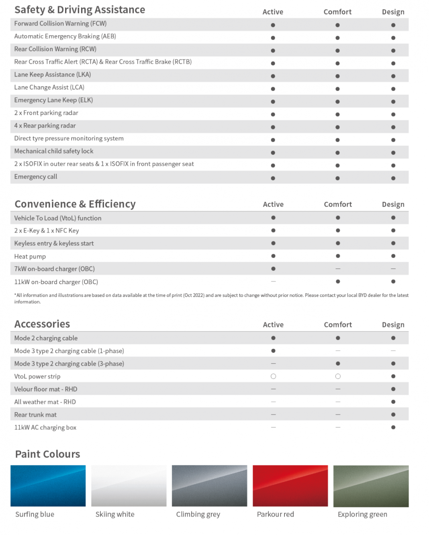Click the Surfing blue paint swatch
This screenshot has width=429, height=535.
(x=48, y=486)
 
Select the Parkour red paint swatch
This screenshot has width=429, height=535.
(x=290, y=486)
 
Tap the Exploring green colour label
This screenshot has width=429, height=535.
(x=362, y=514)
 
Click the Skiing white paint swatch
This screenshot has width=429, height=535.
(x=129, y=486)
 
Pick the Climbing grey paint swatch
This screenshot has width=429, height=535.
(x=209, y=486)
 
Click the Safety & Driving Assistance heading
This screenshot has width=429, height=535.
(x=80, y=10)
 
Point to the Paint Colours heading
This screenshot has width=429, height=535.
(x=47, y=454)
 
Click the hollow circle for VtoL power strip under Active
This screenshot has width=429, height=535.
(x=273, y=376)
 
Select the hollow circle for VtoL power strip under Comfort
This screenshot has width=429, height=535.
(x=338, y=376)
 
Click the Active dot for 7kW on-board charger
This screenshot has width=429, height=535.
(x=273, y=269)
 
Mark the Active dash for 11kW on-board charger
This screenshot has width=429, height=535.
(x=273, y=281)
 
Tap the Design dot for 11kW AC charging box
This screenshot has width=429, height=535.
(x=393, y=427)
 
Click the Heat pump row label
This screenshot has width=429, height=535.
(x=30, y=256)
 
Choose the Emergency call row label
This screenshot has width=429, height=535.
(x=36, y=177)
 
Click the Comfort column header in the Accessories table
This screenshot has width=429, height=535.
(x=338, y=325)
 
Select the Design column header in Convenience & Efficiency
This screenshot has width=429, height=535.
(x=393, y=204)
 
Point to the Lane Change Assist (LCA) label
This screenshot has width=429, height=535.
(x=49, y=87)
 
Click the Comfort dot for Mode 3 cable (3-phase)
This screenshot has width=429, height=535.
(x=338, y=363)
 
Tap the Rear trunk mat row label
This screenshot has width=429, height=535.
(x=35, y=415)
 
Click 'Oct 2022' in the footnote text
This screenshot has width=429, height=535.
(x=194, y=295)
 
